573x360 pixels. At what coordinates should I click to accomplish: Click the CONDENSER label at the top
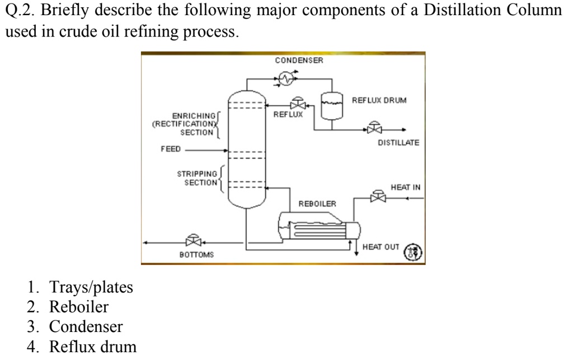point(299,60)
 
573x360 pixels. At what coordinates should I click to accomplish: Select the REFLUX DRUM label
point(379,100)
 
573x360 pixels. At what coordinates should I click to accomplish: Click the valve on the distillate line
point(373,128)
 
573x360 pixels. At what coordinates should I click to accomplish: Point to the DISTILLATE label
point(398,143)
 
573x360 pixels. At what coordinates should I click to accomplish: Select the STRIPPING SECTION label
point(196,178)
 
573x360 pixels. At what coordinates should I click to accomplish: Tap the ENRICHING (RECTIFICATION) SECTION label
point(184,125)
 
